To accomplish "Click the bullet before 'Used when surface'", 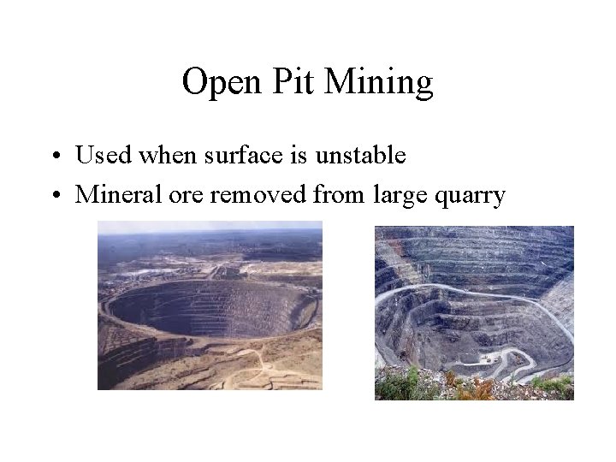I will pos(56,157).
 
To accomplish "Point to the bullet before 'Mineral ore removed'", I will pos(56,195).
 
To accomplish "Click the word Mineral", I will pos(114,194).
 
